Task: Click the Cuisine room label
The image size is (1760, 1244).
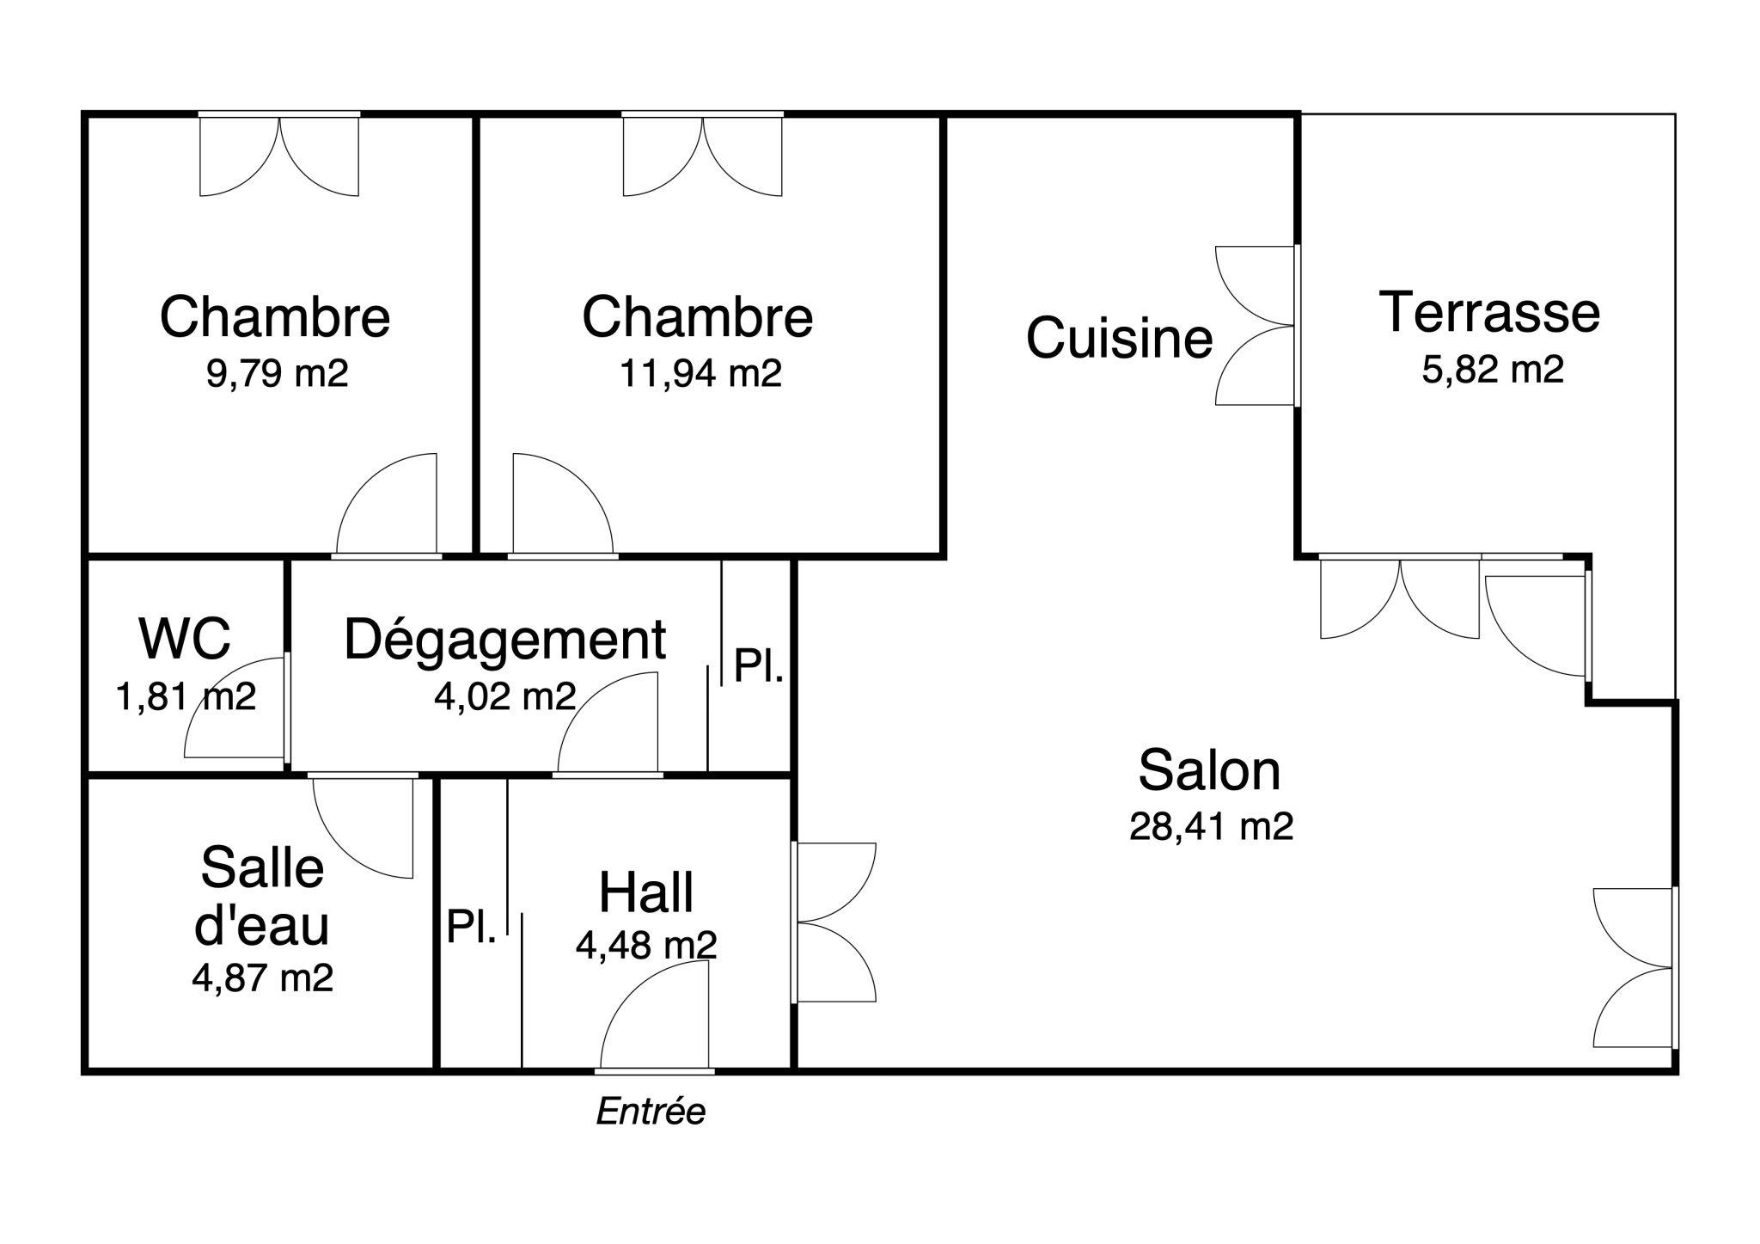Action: (x=1119, y=337)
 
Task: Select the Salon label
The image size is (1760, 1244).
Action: (x=1209, y=770)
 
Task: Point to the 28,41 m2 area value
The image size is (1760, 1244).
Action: (x=1211, y=826)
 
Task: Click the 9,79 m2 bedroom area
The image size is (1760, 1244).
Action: (x=277, y=374)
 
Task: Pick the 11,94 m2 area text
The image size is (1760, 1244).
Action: (x=700, y=374)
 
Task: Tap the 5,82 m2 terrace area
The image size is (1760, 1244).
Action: (x=1493, y=369)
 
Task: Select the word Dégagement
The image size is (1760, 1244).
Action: (x=505, y=640)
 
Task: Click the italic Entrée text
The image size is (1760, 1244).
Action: (x=651, y=1112)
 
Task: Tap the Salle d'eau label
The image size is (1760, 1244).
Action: (x=262, y=896)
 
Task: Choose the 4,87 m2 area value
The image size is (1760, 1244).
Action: (x=262, y=978)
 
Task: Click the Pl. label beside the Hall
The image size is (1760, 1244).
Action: (x=471, y=927)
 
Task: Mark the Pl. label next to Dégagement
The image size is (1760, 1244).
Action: (x=759, y=666)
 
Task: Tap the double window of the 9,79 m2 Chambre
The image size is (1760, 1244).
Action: (x=279, y=156)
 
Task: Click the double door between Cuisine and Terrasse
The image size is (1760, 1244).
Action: (x=1256, y=326)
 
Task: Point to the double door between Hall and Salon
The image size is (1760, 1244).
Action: (x=834, y=922)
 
